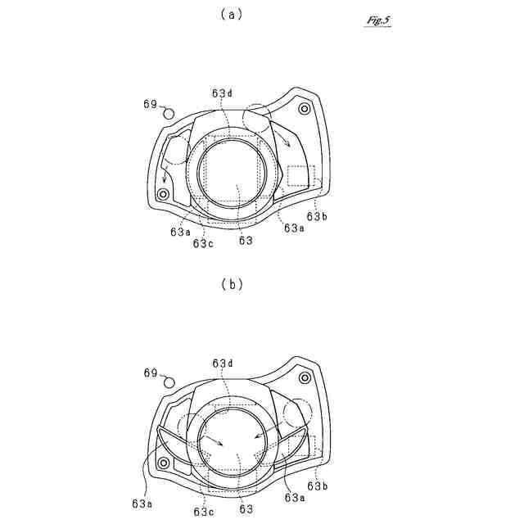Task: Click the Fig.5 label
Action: [378, 20]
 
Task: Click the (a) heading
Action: [232, 15]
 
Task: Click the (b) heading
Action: [232, 284]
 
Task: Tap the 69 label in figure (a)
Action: [150, 104]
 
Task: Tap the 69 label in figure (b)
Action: [151, 373]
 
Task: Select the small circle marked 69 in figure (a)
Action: [169, 113]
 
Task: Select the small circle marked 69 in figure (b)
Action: [169, 382]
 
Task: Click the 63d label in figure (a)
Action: [222, 93]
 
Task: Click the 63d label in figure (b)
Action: [222, 363]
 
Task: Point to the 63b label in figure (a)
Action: [317, 217]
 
